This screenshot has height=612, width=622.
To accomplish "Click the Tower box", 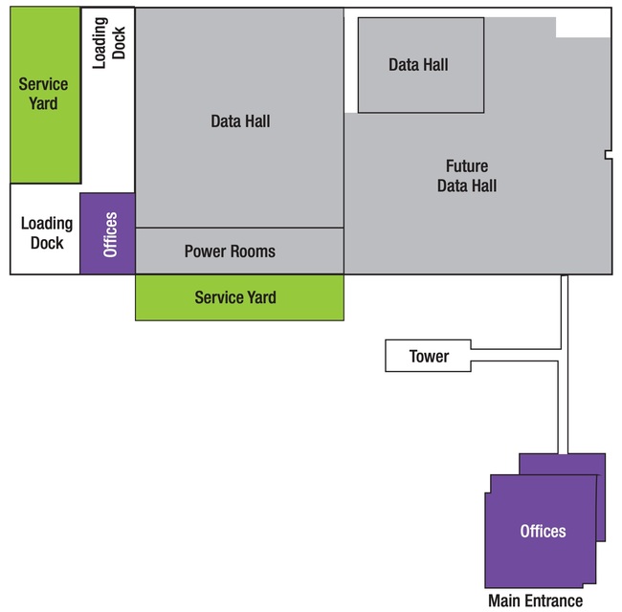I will click(x=429, y=356).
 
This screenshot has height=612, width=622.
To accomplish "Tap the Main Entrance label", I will click(x=535, y=601).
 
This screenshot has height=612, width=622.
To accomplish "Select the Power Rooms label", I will click(x=230, y=251).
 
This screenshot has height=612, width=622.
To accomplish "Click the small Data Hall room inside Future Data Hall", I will click(x=420, y=65).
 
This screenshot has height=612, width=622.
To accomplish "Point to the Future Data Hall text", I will click(x=467, y=176).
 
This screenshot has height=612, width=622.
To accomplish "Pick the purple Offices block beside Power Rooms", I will click(x=107, y=233).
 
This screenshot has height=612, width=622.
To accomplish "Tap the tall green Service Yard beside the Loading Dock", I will click(x=44, y=95).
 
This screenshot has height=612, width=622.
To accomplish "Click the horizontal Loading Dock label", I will click(x=47, y=232).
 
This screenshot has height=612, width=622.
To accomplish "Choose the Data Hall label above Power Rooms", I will click(x=240, y=121).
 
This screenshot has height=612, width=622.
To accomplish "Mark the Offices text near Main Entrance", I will click(x=543, y=531).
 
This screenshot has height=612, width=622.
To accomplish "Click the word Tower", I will click(x=429, y=356).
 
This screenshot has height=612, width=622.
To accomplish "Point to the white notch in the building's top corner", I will click(x=583, y=23).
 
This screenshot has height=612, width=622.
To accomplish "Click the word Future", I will click(x=467, y=165).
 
